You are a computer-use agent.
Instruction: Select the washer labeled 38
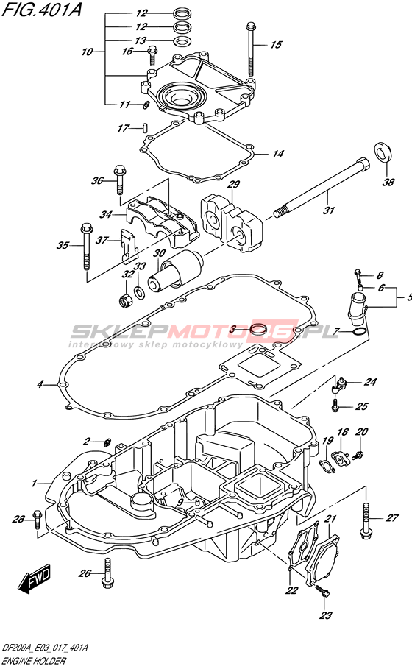pyautogui.click(x=382, y=152)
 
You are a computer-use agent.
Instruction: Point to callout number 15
pyautogui.click(x=277, y=44)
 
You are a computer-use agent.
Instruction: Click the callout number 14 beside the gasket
pyautogui.click(x=277, y=154)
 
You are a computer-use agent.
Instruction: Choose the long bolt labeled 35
pyautogui.click(x=86, y=247)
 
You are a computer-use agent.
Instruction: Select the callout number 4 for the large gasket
pyautogui.click(x=40, y=384)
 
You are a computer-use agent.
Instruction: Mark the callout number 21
pyautogui.click(x=330, y=519)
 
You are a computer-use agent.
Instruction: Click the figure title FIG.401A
pyautogui.click(x=41, y=9)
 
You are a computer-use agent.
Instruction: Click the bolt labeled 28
pyautogui.click(x=37, y=520)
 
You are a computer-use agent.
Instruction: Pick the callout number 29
pyautogui.click(x=234, y=184)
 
